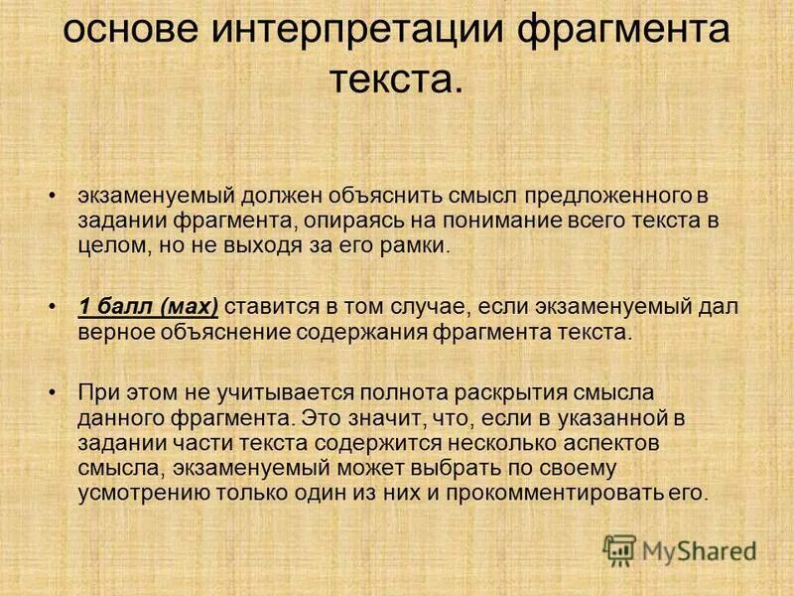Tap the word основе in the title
[x=125, y=29]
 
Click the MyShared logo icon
[x=620, y=547]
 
